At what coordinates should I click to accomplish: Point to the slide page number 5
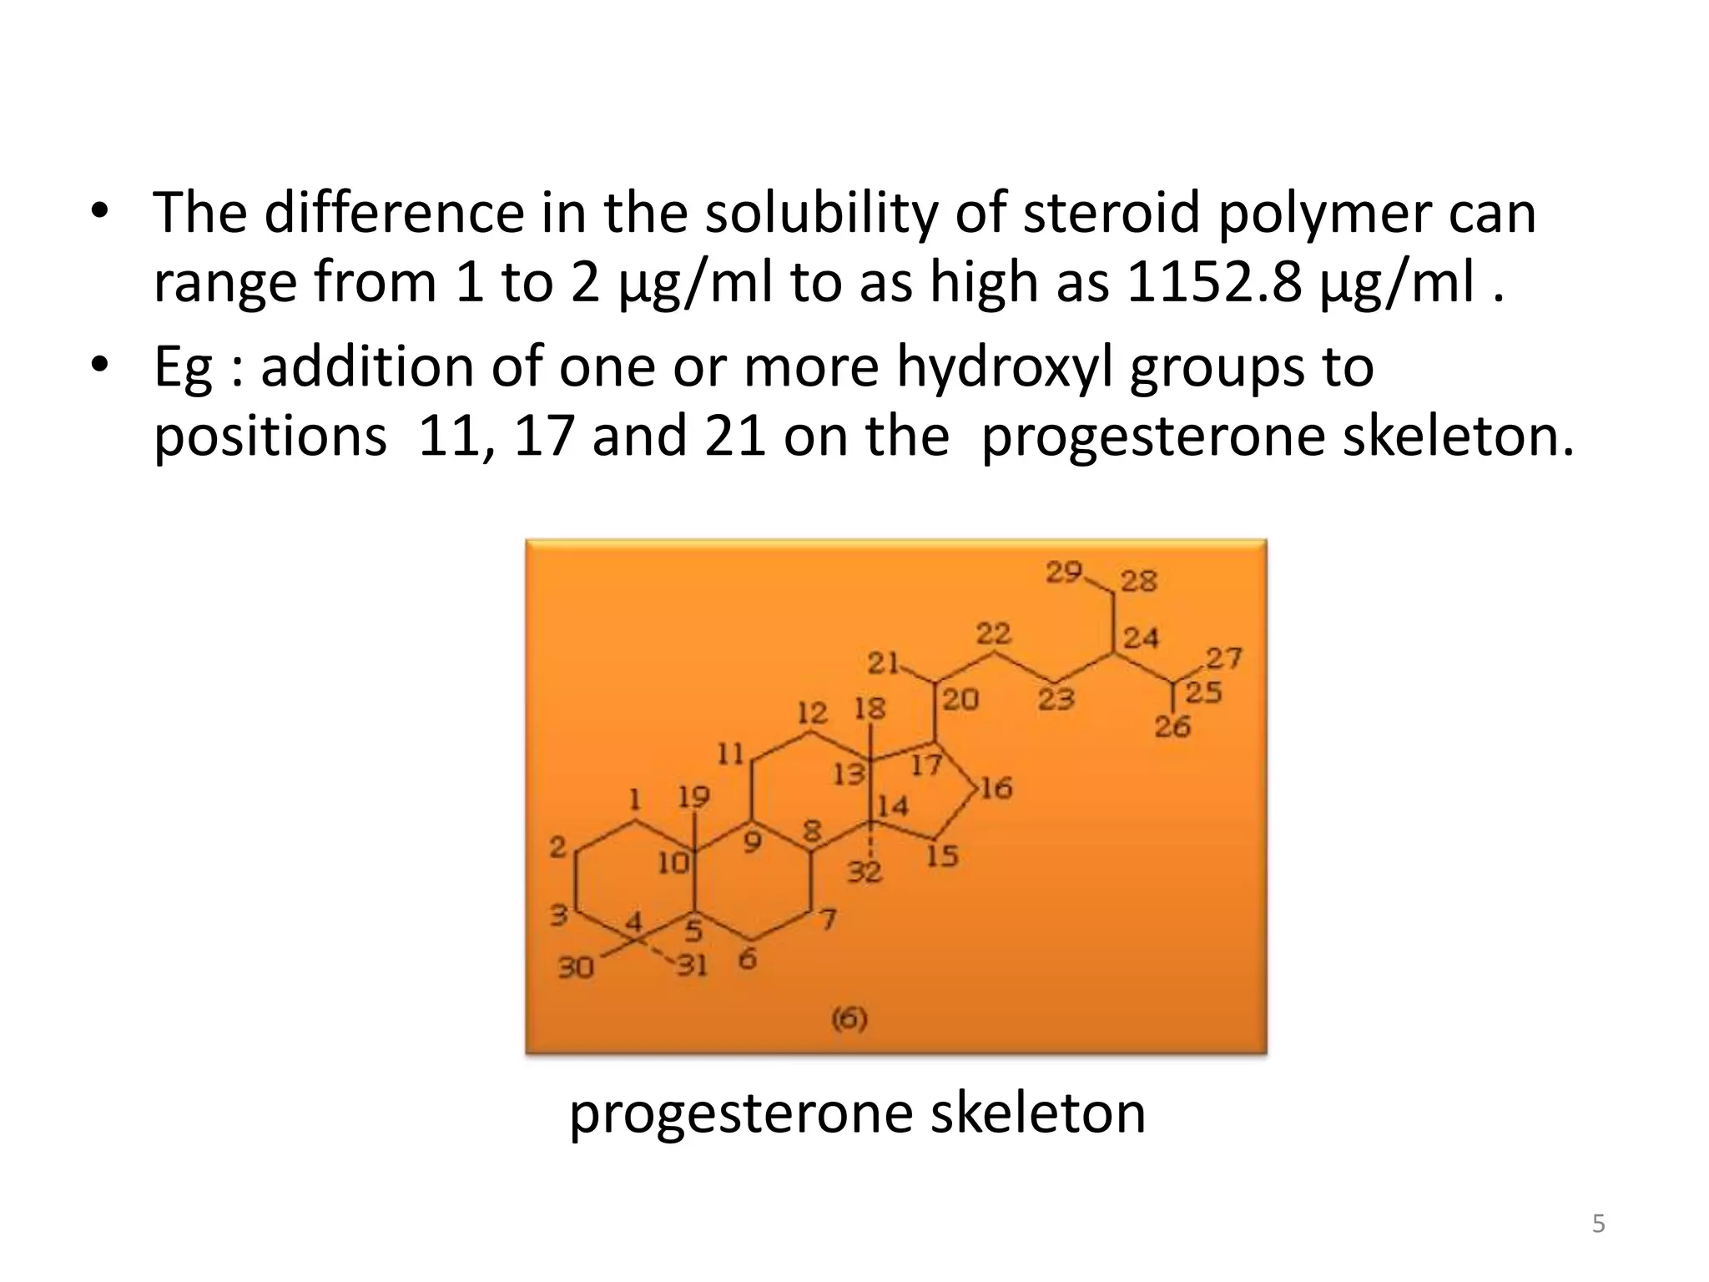pyautogui.click(x=1598, y=1224)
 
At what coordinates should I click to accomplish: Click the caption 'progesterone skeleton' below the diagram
pyautogui.click(x=857, y=1113)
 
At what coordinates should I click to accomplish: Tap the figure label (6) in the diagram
pyautogui.click(x=849, y=1018)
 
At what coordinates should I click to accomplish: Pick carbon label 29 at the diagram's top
pyautogui.click(x=1064, y=573)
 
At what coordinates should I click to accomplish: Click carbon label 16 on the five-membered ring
pyautogui.click(x=996, y=787)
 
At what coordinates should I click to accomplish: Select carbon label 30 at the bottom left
pyautogui.click(x=575, y=967)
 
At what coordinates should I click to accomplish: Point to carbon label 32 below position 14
pyautogui.click(x=865, y=872)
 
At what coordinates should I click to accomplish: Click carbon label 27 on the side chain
pyautogui.click(x=1224, y=659)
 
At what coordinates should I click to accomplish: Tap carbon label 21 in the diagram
pyautogui.click(x=882, y=664)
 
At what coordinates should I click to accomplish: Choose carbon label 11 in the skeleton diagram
pyautogui.click(x=730, y=754)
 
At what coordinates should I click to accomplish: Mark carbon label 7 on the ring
pyautogui.click(x=827, y=920)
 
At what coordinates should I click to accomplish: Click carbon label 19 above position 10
pyautogui.click(x=693, y=797)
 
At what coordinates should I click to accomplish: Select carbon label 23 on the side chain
pyautogui.click(x=1056, y=699)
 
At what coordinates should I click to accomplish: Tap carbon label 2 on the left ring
pyautogui.click(x=557, y=848)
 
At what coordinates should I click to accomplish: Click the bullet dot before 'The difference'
pyautogui.click(x=100, y=210)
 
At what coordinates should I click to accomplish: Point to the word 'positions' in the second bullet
pyautogui.click(x=270, y=437)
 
